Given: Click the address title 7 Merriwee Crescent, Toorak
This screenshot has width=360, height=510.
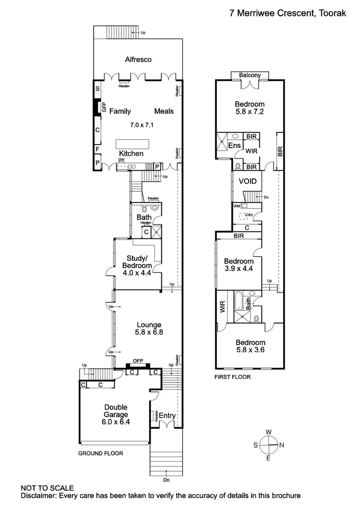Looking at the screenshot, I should click(287, 13).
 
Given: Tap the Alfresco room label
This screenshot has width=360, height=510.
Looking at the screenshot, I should click(138, 59).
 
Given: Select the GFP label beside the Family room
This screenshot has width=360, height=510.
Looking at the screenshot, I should click(104, 108).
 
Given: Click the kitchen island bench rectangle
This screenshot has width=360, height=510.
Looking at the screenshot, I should click(133, 143).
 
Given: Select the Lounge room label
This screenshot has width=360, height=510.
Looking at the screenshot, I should click(149, 325).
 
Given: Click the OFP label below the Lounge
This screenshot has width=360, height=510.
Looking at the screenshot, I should click(138, 361).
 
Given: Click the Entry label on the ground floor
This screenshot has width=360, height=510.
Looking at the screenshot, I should click(167, 416).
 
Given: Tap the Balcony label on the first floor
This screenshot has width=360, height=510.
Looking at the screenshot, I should click(250, 76).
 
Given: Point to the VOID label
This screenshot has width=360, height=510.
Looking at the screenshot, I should click(247, 181).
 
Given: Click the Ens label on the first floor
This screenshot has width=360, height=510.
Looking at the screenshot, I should click(234, 146).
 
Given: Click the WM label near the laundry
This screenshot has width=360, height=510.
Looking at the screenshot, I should click(237, 206).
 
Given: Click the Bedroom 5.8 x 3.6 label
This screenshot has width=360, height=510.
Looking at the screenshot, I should click(251, 346).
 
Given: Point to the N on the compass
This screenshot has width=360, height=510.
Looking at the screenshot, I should click(282, 445).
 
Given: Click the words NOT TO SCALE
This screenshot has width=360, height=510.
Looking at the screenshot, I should click(47, 488).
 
